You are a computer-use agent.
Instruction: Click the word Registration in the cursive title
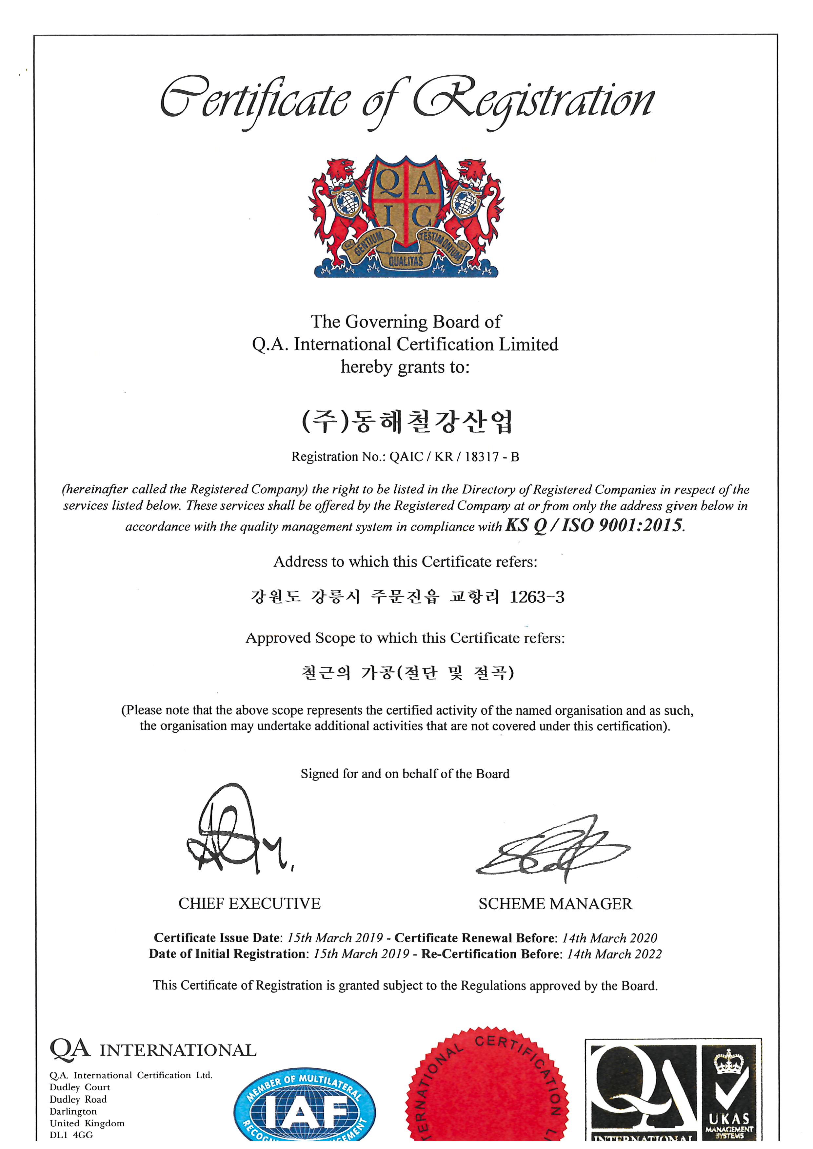point(533,100)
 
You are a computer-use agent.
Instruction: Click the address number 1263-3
point(537,597)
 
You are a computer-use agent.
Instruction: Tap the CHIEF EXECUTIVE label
point(249,904)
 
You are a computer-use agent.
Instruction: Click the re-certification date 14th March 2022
point(614,954)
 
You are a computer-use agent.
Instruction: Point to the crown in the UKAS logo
point(728,1063)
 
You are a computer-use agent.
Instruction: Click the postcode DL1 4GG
point(71,1135)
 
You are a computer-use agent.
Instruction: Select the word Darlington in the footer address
point(73,1111)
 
